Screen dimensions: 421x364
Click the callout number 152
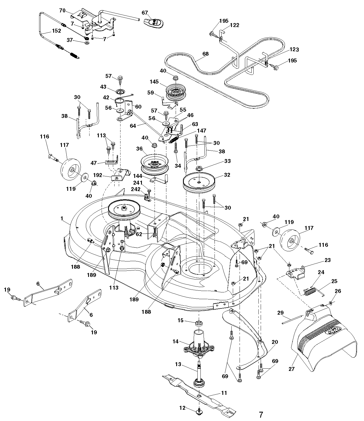pos(57,31)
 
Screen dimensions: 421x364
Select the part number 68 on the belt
pos(206,53)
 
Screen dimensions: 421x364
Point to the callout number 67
pos(145,13)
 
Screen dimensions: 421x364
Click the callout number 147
pos(202,131)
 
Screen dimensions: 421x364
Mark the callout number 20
pos(275,342)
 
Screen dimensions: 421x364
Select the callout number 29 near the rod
pos(280,312)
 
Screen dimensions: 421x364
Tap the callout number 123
pos(294,50)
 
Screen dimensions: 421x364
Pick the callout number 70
pos(62,11)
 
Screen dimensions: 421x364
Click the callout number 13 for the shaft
pos(178,364)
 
